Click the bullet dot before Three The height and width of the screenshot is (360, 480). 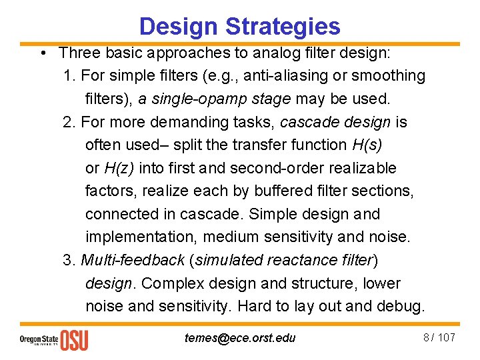tap(41, 53)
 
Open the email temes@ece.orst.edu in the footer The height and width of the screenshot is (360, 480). tap(239, 337)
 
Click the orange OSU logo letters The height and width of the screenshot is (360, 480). tap(74, 339)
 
